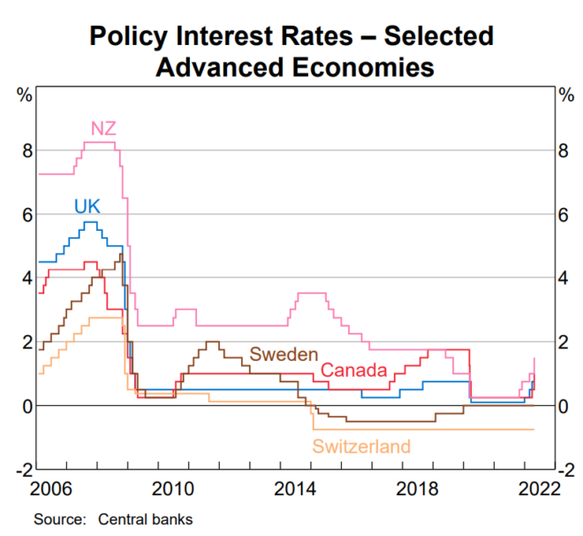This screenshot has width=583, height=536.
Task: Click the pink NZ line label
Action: click(104, 129)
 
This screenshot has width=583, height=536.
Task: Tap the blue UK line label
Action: click(87, 206)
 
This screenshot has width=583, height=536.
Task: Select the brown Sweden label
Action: click(284, 354)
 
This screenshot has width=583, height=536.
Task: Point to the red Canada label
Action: click(353, 370)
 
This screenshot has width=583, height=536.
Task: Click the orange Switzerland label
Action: click(361, 447)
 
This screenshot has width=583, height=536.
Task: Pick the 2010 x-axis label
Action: click(172, 488)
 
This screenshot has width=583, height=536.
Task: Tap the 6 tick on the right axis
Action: click(563, 215)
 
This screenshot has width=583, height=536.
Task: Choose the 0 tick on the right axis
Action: click(563, 406)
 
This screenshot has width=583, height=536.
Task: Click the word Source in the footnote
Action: click(55, 518)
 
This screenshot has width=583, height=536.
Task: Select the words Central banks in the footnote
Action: click(145, 518)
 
